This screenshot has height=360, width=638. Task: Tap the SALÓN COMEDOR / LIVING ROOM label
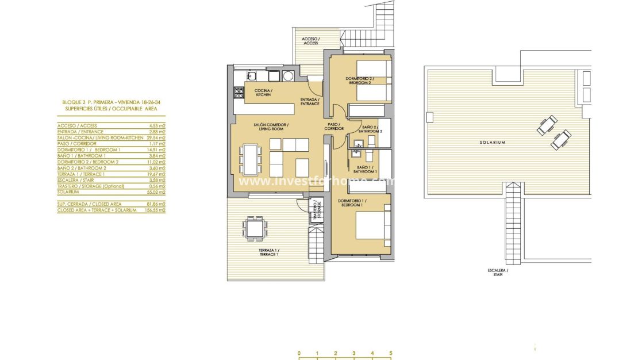pos(271,127)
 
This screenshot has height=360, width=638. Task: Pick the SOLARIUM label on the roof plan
pos(493,143)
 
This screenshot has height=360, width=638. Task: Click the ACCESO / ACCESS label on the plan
pos(310,41)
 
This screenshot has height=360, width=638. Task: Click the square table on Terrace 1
pos(253,229)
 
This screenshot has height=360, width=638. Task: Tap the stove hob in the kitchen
pos(239,93)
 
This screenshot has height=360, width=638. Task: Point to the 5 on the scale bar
pos(390,353)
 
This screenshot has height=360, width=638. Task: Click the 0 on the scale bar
pos(299,353)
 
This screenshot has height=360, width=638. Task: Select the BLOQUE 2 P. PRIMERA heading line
pos(110,102)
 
